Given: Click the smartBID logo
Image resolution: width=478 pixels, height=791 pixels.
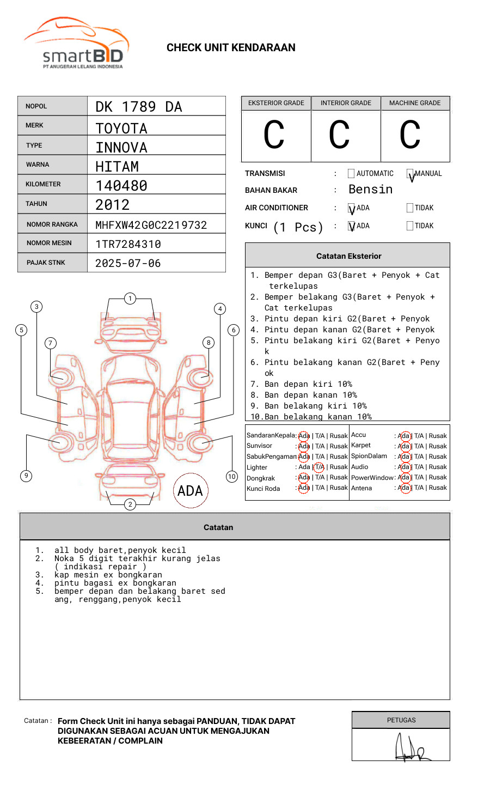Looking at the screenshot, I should click(x=76, y=44).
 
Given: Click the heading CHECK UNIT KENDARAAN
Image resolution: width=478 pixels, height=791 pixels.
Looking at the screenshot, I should click(x=231, y=48).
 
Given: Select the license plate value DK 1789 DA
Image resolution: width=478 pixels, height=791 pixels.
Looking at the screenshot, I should click(x=139, y=107).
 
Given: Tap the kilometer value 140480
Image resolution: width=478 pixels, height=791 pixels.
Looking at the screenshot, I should click(x=121, y=186).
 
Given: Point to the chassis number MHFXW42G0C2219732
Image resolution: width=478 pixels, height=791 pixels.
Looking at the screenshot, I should click(x=151, y=225).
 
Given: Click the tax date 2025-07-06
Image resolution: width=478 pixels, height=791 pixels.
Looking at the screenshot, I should click(x=128, y=263).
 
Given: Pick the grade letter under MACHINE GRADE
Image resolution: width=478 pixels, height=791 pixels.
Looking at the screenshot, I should click(x=410, y=135).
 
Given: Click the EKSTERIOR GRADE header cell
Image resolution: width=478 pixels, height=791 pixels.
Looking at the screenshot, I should click(x=276, y=103).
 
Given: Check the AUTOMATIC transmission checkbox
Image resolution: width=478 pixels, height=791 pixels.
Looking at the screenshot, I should click(x=351, y=174).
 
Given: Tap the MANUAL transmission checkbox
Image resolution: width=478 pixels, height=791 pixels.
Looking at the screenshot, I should click(x=410, y=174).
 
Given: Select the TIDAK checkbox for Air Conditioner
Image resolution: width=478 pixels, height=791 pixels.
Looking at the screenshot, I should click(x=410, y=208).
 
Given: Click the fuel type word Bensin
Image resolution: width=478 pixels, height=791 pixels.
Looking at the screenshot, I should click(x=370, y=190).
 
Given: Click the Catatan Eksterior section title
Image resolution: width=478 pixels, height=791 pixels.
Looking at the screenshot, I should click(x=348, y=256).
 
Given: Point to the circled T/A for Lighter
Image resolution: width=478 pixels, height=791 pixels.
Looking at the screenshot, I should click(x=319, y=467).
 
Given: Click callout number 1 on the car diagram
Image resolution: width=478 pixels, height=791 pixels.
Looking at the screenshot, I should click(x=130, y=298).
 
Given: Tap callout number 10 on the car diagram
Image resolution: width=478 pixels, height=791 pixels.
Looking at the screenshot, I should click(x=232, y=477).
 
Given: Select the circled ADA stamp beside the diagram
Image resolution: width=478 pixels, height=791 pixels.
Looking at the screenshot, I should click(x=190, y=491).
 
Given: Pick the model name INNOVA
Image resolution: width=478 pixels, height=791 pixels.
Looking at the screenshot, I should click(x=121, y=148).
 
